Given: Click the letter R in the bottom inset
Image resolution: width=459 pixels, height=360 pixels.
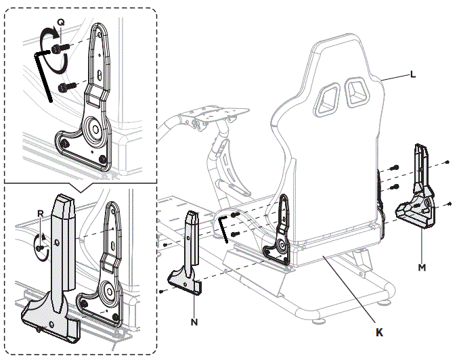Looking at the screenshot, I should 41,212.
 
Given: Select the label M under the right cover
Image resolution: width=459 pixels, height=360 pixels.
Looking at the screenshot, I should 422,267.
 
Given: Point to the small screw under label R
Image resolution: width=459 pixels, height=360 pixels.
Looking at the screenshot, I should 40,248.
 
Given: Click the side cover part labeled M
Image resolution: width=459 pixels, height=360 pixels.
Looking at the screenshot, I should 418,196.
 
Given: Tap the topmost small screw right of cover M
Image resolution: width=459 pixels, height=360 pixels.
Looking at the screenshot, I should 448,163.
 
